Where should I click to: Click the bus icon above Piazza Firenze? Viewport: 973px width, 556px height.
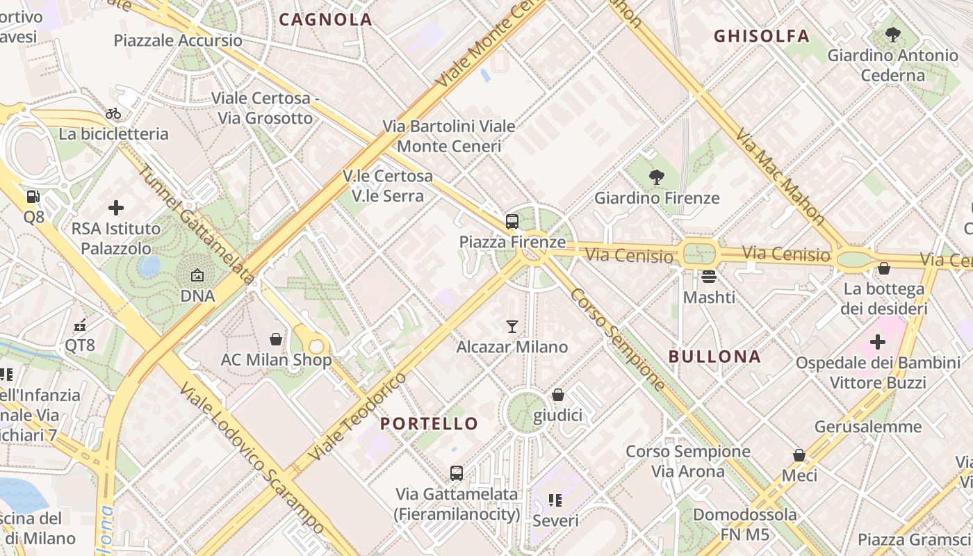coord(512,222)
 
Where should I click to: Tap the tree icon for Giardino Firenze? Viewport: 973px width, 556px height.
coord(655,177)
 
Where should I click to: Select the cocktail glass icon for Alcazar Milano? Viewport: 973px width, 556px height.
coord(512,326)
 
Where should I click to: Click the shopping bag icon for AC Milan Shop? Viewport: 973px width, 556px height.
coord(276,339)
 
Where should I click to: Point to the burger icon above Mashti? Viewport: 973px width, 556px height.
coord(709,277)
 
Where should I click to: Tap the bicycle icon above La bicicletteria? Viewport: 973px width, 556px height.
coord(113,113)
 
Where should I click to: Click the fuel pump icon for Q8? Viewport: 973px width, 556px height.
coord(33,197)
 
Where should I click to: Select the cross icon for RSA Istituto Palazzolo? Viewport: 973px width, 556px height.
coord(116,207)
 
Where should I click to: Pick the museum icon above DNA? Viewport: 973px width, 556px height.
coord(197,275)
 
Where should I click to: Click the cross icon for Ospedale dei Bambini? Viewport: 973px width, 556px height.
coord(878,341)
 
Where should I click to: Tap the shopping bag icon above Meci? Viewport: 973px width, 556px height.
coord(799,455)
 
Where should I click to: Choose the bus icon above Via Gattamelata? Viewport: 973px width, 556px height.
coord(457,473)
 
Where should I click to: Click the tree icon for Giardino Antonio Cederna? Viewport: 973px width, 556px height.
coord(893,34)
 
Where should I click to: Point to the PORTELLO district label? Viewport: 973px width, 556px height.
coord(430,423)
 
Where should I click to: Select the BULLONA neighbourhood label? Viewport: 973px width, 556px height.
coord(714,357)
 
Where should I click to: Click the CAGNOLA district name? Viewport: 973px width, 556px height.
coord(325,19)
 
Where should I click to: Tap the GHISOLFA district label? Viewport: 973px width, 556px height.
coord(762,36)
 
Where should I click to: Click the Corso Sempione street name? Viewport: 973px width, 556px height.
coord(617,338)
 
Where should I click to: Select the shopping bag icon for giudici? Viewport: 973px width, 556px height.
coord(557,395)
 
